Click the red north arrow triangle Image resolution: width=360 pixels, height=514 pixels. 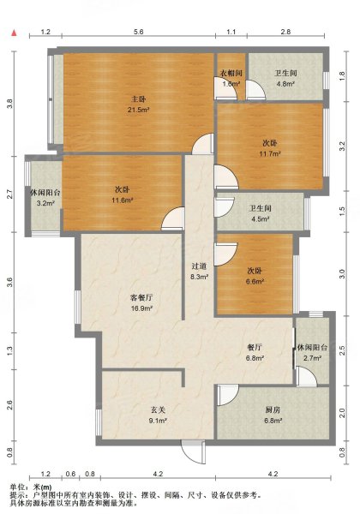point(14,33)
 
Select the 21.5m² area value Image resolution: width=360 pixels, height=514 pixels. point(139,110)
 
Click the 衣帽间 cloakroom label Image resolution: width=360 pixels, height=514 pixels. point(231,73)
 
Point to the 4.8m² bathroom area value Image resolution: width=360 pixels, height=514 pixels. point(285,84)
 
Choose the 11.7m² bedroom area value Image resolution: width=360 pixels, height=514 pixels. point(270,153)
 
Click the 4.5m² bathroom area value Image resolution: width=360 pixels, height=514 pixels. point(261,219)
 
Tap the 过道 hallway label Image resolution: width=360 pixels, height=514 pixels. point(199,266)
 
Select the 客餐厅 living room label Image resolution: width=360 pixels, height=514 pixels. point(141,297)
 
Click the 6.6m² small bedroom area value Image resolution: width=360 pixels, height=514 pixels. point(255,281)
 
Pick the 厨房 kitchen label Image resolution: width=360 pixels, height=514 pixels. point(273,409)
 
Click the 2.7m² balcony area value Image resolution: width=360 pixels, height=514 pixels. point(312,358)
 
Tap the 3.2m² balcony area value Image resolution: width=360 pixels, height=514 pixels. point(45,203)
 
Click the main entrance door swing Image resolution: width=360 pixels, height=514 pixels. point(194,452)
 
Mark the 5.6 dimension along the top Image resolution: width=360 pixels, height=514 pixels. point(139,32)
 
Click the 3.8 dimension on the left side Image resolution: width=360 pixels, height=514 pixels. point(9,104)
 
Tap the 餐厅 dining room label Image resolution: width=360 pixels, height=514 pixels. point(255,347)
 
